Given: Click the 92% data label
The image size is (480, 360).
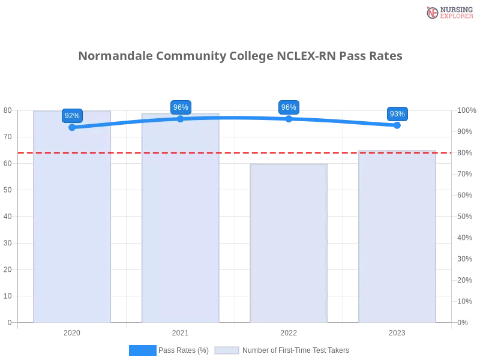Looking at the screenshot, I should coord(72,116).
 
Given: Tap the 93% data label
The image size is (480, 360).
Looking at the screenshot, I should coord(397,114).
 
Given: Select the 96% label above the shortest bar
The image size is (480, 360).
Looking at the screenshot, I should coord(289,107).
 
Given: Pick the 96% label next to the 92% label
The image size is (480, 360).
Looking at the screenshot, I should coord(181,107).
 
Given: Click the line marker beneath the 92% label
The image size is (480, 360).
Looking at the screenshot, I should coord(72,127).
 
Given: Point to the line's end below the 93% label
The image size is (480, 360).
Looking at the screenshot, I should coord(399,125).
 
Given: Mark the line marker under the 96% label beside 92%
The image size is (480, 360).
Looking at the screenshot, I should coord(181,119).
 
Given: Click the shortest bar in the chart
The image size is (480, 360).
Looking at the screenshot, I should coord(289,243).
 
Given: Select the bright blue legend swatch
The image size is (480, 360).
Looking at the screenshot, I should coord(143,350).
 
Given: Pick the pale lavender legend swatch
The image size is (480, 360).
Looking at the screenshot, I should coord(227,350).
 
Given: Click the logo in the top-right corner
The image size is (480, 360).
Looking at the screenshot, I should coord(448,13).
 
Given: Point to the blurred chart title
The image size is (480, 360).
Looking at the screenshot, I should coord(240,56).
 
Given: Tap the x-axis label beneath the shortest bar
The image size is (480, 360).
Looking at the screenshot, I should coord(289,332).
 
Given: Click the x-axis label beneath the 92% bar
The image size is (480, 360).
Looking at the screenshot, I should coord(72,332).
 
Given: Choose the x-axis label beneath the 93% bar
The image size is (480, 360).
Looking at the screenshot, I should coord(397,332).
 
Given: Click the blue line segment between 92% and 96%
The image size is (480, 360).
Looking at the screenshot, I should coord(126,123).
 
